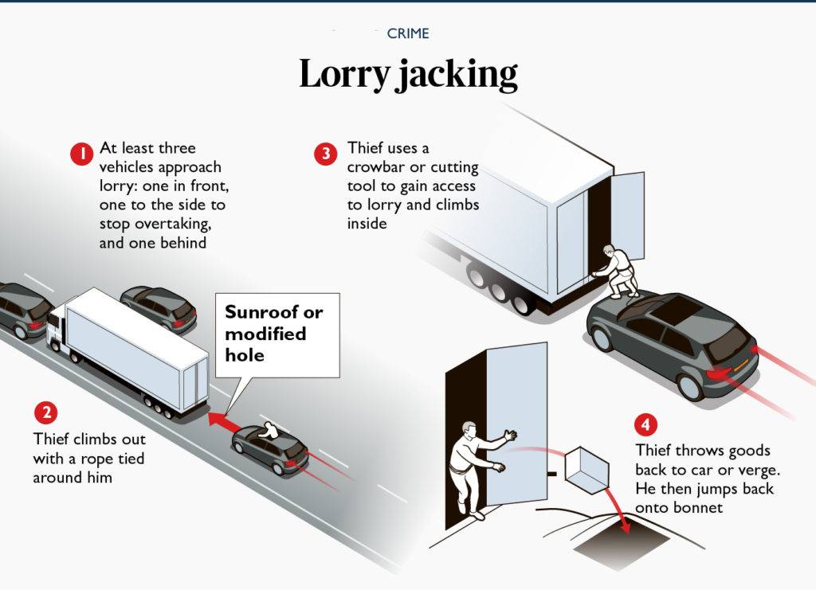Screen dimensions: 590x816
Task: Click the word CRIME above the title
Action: [408, 33]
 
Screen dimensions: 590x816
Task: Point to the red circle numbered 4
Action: [645, 424]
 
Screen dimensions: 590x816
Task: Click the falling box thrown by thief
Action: [586, 471]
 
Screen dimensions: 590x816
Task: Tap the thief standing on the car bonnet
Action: [617, 272]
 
